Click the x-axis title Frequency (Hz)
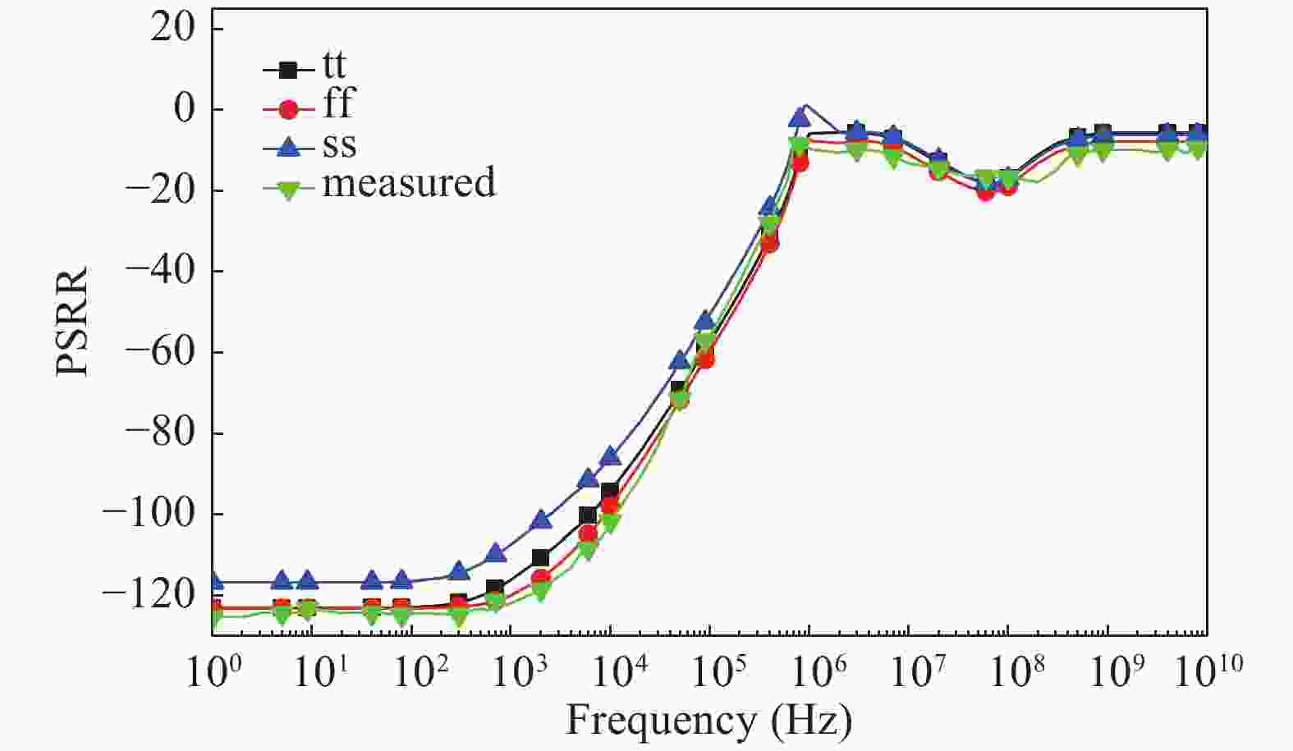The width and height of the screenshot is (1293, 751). tap(709, 721)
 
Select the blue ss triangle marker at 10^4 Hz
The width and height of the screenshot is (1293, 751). tap(610, 456)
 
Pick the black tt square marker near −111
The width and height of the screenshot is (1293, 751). tap(540, 558)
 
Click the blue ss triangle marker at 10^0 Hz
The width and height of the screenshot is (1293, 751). tap(215, 582)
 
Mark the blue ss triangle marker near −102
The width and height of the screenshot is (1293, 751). tap(542, 520)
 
